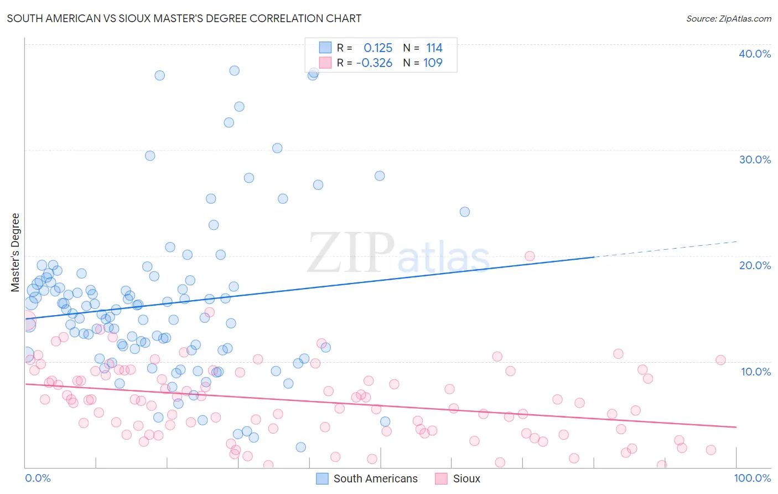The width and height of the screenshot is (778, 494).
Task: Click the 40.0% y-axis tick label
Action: tap(755, 54)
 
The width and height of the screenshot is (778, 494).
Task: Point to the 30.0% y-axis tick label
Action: tap(755, 159)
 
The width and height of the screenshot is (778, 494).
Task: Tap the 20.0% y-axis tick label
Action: tap(755, 265)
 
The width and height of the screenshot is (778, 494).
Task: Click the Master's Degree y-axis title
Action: tap(15, 253)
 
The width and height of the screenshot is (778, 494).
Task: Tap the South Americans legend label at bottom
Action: tap(375, 478)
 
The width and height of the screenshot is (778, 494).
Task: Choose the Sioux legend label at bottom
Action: tap(466, 478)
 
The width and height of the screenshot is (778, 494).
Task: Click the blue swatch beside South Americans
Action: tap(322, 478)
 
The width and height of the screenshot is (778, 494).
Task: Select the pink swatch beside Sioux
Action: tap(441, 478)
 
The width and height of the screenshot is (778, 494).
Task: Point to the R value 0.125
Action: tap(378, 48)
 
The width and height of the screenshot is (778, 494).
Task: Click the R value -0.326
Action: tap(375, 63)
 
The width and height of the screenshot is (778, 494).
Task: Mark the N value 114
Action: tap(434, 48)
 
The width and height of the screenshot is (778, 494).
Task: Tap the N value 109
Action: tap(433, 63)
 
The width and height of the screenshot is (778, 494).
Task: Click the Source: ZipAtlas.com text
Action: tap(728, 19)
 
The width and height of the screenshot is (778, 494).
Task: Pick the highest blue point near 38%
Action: tap(235, 70)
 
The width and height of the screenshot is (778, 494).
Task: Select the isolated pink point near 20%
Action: tap(530, 256)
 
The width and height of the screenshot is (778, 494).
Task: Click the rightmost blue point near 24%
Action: tap(465, 212)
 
